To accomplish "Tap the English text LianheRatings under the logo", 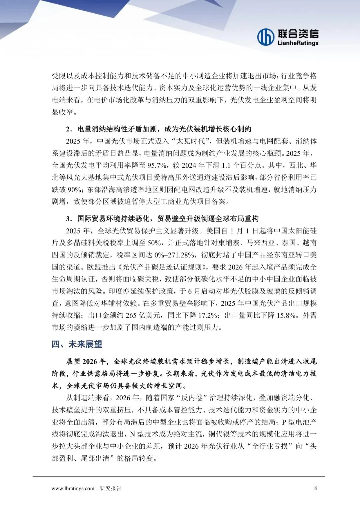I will tap(298, 43).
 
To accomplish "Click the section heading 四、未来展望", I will tap(77, 344).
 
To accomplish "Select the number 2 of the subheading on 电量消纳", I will tap(69, 129).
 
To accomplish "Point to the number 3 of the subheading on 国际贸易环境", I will tap(69, 219).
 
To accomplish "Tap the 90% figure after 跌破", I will tap(75, 190).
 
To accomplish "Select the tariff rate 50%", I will tap(154, 243).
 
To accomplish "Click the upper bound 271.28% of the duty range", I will tap(181, 255).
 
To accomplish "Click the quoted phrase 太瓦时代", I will tap(190, 141).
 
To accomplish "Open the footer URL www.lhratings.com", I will tap(73, 488).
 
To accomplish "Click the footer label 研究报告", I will tap(111, 488).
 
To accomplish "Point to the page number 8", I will tap(315, 488).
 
